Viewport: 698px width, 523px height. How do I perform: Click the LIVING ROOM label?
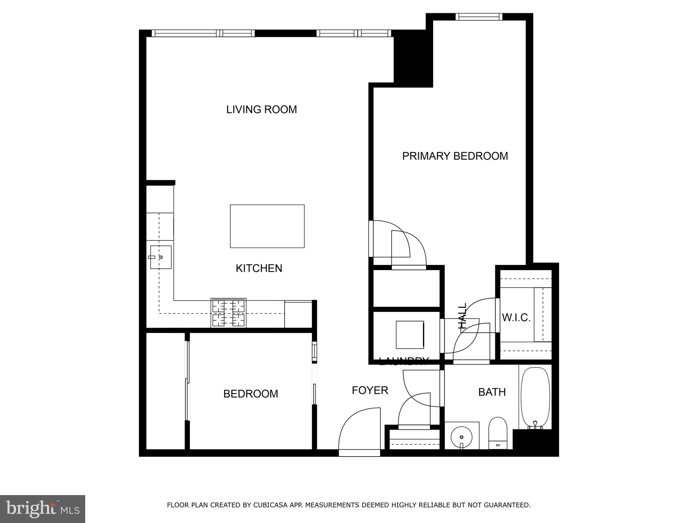261,110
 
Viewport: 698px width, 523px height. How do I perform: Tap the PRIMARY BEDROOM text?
455,156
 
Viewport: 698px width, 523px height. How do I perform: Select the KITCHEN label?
259,268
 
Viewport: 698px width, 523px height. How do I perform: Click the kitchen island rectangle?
267,226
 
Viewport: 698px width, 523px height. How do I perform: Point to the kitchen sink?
161,257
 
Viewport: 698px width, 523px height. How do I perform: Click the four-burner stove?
228,313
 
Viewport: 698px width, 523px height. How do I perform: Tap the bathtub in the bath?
535,397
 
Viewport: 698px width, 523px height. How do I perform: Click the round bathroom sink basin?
461,437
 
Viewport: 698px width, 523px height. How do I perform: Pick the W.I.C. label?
516,318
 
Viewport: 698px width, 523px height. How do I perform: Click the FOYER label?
370,390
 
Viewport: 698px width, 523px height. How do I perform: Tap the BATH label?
491,392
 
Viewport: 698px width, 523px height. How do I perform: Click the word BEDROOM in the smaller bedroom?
251,394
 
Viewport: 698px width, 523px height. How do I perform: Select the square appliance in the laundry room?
410,334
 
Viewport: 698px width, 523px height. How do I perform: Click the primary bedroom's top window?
479,17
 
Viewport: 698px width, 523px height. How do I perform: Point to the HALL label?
462,316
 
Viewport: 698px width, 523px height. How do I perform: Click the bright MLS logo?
43,509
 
